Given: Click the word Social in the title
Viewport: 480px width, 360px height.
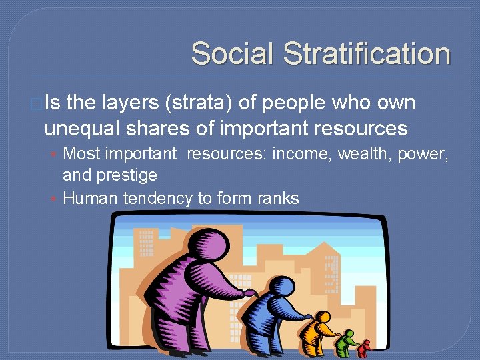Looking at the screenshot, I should point(231,54).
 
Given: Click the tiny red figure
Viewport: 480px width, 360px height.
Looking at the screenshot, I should point(363,348).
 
